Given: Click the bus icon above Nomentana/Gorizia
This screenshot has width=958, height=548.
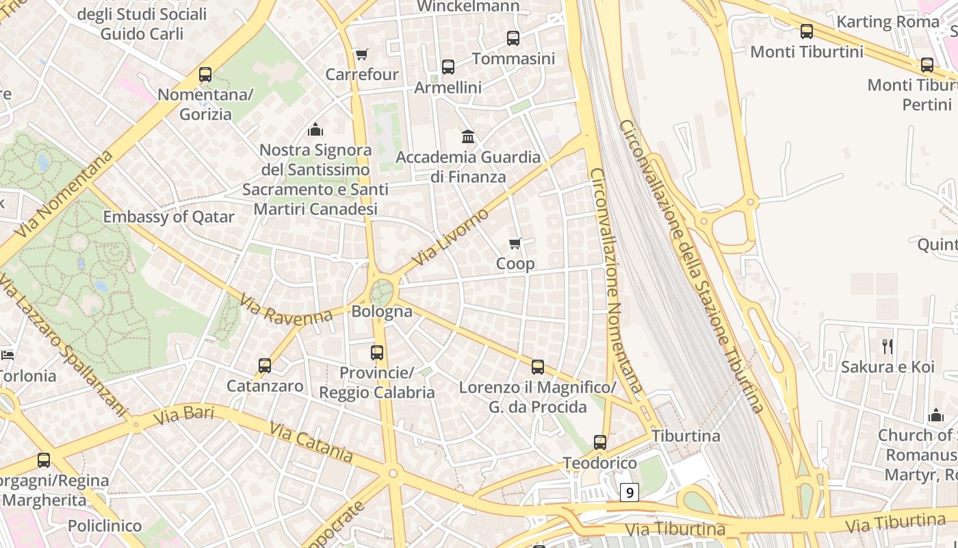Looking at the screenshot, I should pos(205,75).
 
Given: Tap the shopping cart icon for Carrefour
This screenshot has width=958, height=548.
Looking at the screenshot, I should pos(361,54).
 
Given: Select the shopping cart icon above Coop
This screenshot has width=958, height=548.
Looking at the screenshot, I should pos(515,243).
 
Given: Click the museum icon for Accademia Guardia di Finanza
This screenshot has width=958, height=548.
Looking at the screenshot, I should pos(468,136).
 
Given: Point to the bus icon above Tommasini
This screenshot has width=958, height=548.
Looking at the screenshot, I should pos(513,38).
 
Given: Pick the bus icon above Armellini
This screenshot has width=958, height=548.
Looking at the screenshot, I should pos(448,67).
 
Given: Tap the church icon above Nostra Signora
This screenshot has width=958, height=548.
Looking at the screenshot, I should pos(315,129).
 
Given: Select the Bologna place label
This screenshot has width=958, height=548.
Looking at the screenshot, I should pos(382,311).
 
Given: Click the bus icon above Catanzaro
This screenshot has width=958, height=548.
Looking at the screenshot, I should pos(265,366).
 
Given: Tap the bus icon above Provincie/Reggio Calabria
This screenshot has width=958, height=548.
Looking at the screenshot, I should pos(377,353).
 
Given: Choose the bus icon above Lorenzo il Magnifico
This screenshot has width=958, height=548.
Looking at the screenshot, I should pos(538,367).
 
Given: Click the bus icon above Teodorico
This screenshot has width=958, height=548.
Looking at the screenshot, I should pos(600,443).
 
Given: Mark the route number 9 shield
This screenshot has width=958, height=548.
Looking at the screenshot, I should pos(630,492).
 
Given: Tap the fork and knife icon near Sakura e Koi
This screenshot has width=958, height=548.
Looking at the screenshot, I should pos(888,347).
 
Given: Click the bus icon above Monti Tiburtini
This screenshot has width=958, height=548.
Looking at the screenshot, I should pos(807,32).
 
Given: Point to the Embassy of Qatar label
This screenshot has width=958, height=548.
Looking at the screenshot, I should pos(168,217).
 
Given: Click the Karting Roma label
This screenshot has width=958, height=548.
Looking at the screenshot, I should pos(888,21).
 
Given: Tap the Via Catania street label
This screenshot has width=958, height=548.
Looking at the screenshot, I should pos(311,442).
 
